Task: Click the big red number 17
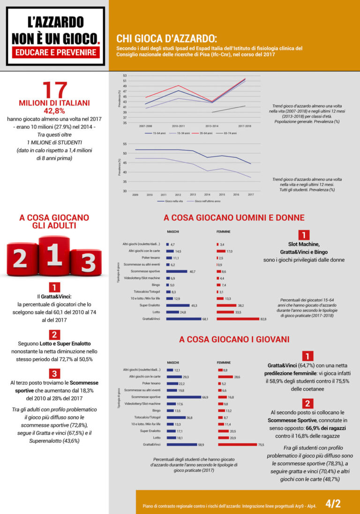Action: pos(54,90)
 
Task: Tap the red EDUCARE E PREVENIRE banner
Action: pos(54,52)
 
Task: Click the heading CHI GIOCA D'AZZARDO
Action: pos(166,38)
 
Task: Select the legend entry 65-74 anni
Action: pos(227,133)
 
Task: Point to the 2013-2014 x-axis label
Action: pos(211,126)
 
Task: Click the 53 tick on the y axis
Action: pos(125,75)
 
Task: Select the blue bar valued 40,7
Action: pos(177,271)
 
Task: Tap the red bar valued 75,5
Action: pos(237,444)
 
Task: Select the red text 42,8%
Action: pos(54,111)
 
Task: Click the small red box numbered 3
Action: pos(54,373)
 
